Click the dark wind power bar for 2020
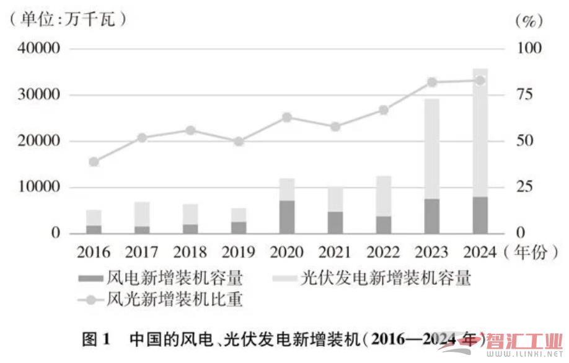[287, 217]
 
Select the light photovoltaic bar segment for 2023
[432, 149]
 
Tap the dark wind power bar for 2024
[480, 215]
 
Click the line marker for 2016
[94, 162]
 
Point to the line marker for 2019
[239, 141]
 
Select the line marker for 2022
[384, 110]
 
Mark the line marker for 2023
[432, 82]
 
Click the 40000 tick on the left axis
[38, 49]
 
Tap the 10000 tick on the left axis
[38, 187]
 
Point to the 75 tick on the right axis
[524, 95]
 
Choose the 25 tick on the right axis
[524, 187]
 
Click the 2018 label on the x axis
[190, 252]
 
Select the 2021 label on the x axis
[335, 252]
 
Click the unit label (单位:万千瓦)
[68, 19]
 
